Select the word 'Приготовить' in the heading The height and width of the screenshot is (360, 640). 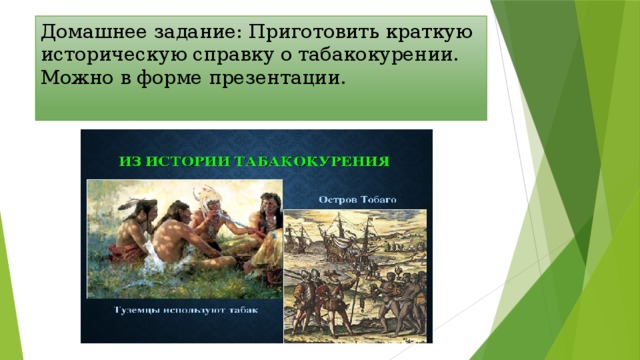coord(297,31)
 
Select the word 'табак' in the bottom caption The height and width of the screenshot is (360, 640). coord(241,310)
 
